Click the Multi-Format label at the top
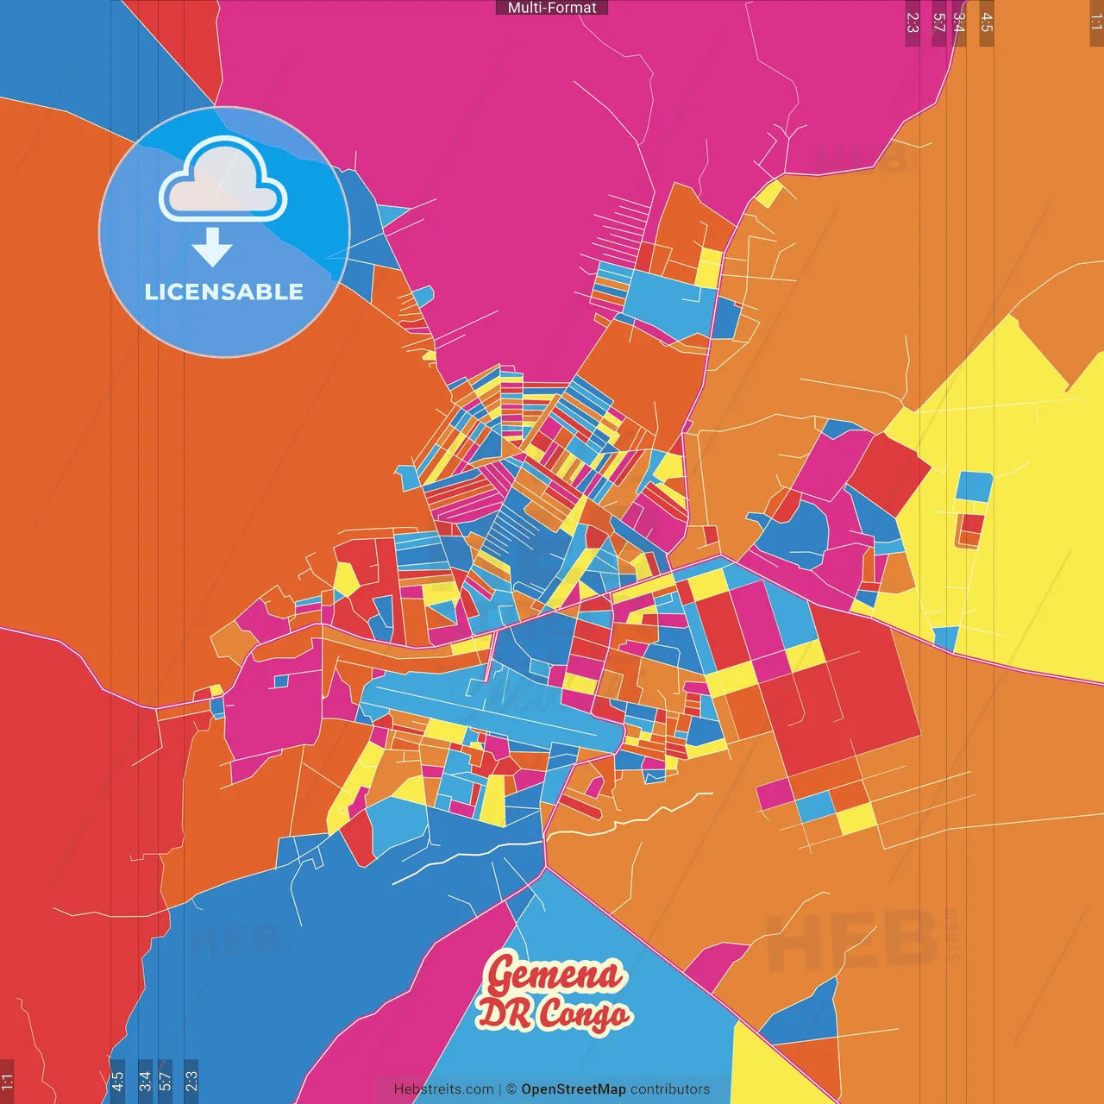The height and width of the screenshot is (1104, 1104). click(552, 8)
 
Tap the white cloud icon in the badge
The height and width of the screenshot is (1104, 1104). click(223, 179)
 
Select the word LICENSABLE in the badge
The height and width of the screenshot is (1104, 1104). click(224, 292)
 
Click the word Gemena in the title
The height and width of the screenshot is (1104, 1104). click(554, 975)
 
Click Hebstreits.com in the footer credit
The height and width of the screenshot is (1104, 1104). click(443, 1089)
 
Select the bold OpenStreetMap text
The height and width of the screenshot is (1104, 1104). click(573, 1089)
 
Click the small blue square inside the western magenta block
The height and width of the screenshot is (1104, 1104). click(279, 681)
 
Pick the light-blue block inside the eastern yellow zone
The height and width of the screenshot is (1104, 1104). click(975, 486)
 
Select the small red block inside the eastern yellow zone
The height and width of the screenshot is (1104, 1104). click(972, 524)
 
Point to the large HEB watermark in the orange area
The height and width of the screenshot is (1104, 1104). click(850, 940)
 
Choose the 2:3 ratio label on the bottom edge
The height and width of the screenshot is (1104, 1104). click(191, 1080)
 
